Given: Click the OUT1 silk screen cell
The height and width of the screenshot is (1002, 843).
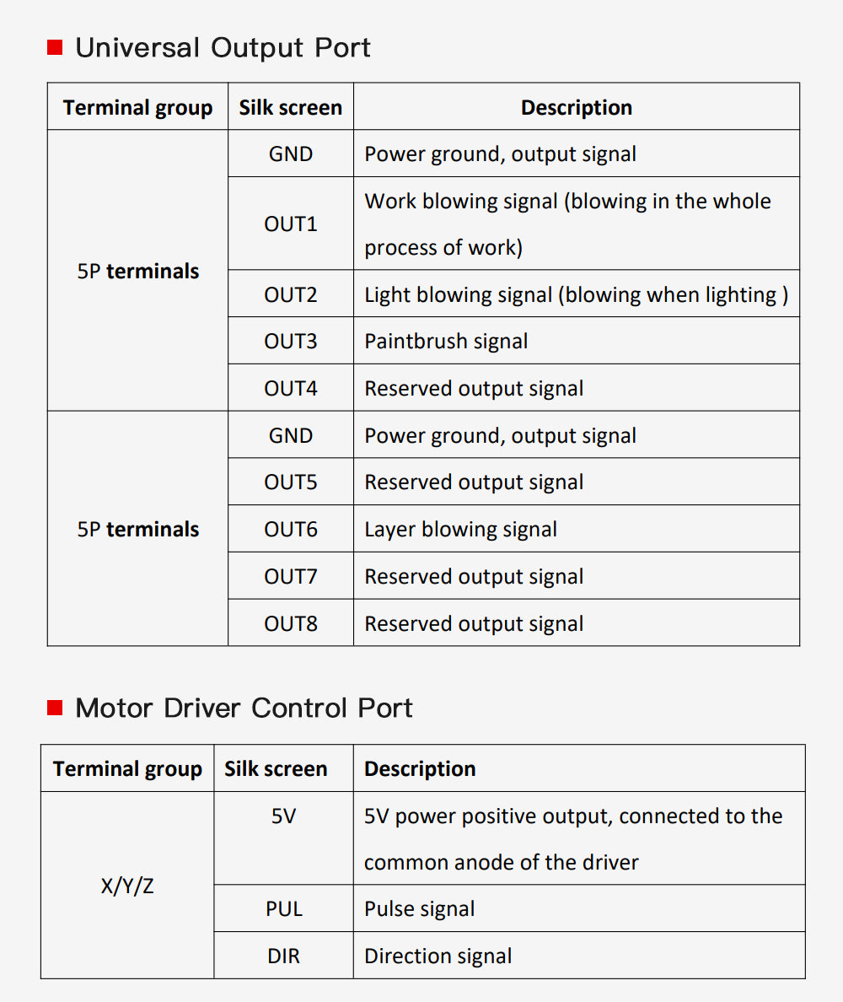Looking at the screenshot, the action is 291,224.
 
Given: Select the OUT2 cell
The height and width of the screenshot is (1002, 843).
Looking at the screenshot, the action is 291,294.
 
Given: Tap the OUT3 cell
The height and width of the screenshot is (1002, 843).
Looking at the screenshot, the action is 291,341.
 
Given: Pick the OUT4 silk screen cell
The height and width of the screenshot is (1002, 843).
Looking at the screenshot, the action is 291,388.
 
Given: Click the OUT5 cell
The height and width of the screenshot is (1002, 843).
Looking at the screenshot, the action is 291,482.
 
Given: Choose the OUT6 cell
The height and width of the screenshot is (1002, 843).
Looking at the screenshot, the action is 291,529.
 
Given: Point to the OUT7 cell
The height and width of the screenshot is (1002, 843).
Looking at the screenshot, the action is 291,576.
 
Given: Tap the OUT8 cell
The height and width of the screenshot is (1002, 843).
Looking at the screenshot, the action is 291,623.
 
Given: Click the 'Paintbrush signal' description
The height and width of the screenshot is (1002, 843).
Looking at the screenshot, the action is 446,342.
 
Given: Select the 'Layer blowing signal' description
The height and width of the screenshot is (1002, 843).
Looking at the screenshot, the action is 460,529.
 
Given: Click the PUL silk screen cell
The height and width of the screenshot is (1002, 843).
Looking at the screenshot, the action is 283,908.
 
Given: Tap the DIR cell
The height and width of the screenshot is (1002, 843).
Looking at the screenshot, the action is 283,956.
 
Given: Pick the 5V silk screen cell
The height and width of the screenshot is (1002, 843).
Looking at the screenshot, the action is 283,838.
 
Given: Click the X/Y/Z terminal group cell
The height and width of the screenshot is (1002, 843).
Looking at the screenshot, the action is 127,885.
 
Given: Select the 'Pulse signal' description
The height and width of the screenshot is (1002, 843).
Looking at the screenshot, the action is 419,908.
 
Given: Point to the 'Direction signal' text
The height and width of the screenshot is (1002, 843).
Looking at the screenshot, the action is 438,956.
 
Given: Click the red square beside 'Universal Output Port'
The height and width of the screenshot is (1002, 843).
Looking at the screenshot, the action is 55,47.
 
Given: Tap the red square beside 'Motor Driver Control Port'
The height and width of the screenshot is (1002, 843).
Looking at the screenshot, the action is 55,708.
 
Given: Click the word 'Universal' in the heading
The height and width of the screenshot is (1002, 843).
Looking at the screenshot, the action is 138,48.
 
